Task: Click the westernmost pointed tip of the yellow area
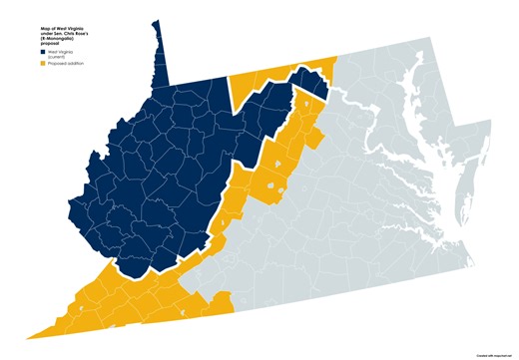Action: click(30, 336)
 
